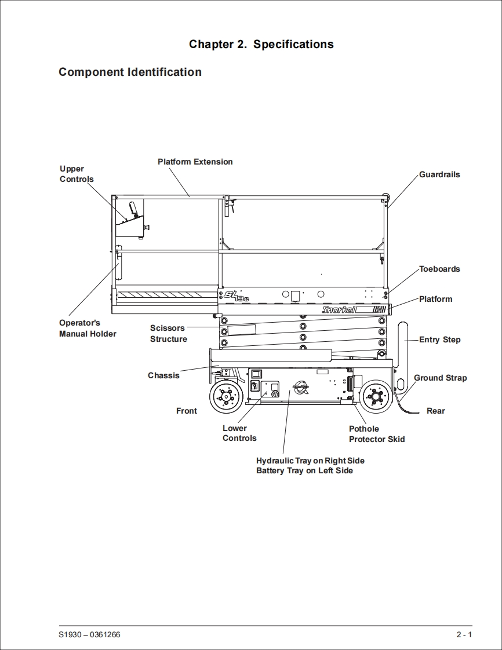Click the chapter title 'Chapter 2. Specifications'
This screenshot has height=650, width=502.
tap(261, 45)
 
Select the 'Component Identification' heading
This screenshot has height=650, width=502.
tap(130, 72)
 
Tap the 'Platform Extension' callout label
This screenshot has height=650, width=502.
tap(195, 162)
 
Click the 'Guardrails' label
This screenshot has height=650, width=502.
tap(439, 174)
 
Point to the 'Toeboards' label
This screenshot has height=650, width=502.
tap(439, 269)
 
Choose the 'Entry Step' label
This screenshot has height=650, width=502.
tap(439, 339)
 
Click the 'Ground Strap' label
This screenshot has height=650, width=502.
tap(440, 378)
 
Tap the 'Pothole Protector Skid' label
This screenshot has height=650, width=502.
tap(376, 434)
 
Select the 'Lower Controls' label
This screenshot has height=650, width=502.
tap(239, 433)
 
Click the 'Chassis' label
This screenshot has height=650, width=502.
tap(163, 375)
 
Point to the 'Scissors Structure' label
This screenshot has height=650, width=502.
tap(168, 333)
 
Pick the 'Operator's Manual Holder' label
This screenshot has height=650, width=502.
tap(88, 328)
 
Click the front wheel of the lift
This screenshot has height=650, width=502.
tap(225, 397)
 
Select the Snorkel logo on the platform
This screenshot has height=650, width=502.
tap(339, 310)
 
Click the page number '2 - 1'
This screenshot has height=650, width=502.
tap(464, 635)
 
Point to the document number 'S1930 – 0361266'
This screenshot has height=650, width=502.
tap(89, 635)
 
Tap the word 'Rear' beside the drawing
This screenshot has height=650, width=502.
tap(435, 411)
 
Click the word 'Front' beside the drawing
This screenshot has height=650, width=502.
tap(186, 411)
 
